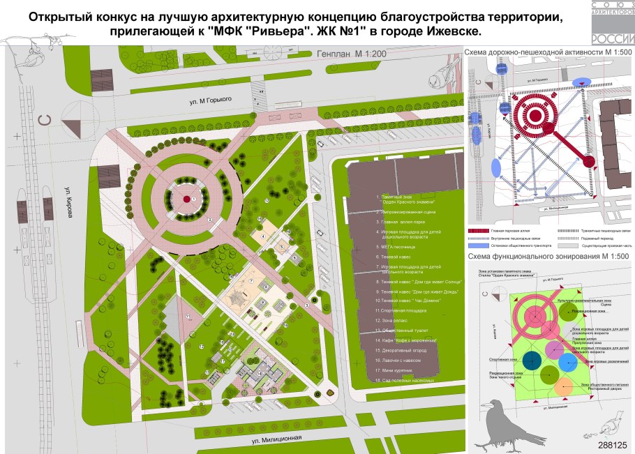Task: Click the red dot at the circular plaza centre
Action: pyautogui.click(x=186, y=199)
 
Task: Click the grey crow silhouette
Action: pyautogui.click(x=506, y=423)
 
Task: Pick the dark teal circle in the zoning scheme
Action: pyautogui.click(x=532, y=360)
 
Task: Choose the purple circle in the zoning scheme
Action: pyautogui.click(x=555, y=348)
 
